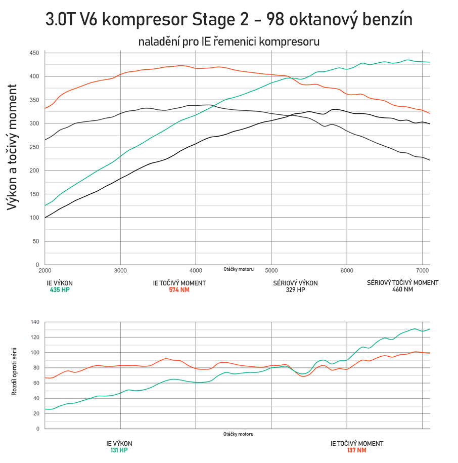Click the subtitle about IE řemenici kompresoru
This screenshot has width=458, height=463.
tap(229, 41)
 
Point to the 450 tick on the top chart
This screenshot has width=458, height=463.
tap(34, 53)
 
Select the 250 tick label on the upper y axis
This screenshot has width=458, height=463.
tap(34, 147)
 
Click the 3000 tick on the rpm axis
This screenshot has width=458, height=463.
tap(120, 271)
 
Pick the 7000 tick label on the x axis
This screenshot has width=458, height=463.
tap(422, 271)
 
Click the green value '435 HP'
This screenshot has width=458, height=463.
tap(60, 290)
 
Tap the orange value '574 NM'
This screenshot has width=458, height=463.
tap(179, 290)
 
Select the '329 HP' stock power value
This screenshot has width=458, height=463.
tap(295, 290)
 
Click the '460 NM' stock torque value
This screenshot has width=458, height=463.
tap(402, 289)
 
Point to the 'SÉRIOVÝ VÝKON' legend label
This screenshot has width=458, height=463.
tap(295, 283)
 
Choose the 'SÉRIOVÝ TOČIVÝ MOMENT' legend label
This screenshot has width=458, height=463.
tap(402, 283)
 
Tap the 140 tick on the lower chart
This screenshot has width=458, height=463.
tap(35, 322)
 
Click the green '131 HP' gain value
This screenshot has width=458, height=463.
tap(119, 450)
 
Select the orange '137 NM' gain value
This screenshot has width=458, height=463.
tap(356, 450)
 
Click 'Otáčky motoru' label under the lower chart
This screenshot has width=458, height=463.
tap(238, 434)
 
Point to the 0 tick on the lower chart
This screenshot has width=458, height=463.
tap(37, 429)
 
